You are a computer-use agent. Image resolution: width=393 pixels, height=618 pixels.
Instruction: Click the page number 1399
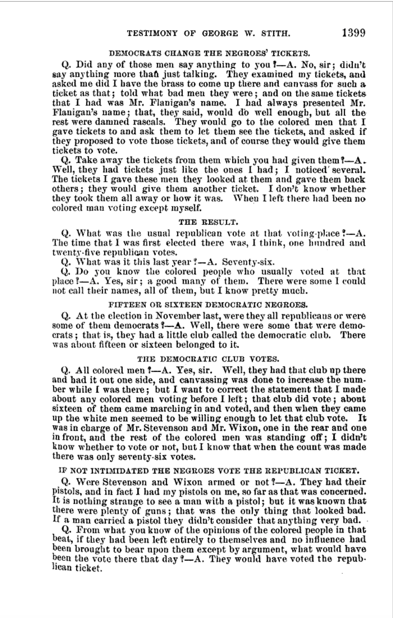click(353, 33)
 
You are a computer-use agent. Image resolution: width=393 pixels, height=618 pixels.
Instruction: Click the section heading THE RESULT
click(209, 222)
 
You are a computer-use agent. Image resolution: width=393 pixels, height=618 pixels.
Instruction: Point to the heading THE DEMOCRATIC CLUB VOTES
click(209, 359)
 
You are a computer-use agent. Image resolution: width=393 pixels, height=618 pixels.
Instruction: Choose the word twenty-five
click(76, 252)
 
